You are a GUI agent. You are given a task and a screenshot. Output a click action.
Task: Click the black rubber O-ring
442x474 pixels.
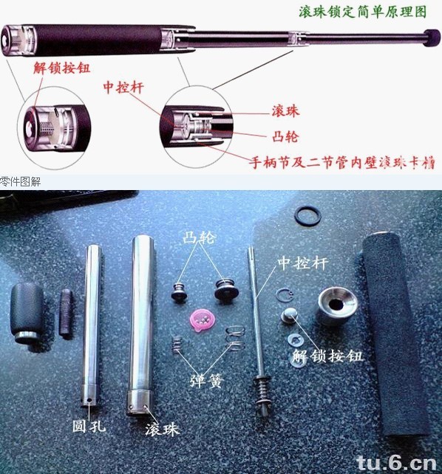pyautogui.click(x=307, y=215)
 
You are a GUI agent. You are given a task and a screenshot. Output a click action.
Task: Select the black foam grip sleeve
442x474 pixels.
pyautogui.click(x=395, y=333)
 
